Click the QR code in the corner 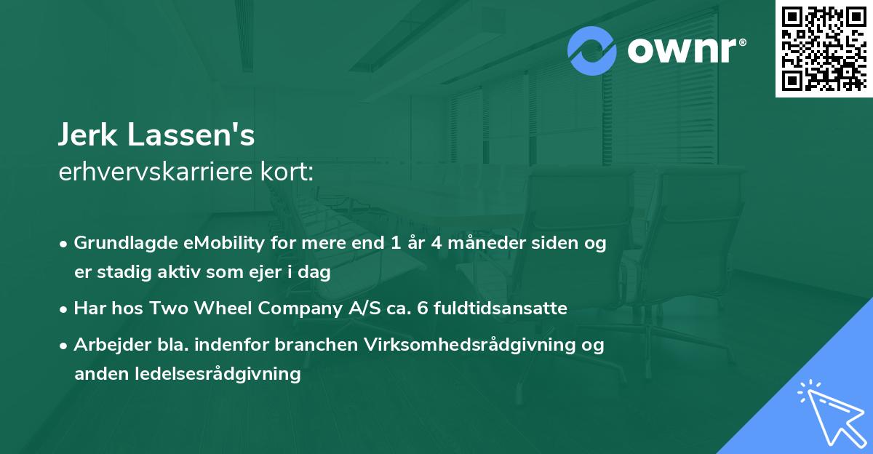point(824,48)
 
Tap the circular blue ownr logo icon point(592,51)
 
